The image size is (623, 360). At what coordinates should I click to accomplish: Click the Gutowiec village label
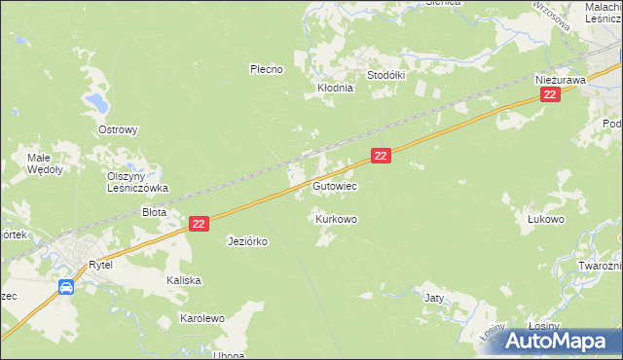click(335, 185)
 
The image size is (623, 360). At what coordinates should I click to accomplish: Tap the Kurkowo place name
click(336, 220)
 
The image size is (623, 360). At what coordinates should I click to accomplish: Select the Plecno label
click(266, 69)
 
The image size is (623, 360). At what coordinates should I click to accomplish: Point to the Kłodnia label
click(335, 88)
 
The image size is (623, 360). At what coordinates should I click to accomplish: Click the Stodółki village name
click(385, 75)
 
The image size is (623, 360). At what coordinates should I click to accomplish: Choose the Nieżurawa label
click(559, 79)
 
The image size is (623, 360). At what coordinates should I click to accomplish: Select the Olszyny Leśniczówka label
click(137, 182)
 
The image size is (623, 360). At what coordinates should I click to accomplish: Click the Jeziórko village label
click(247, 240)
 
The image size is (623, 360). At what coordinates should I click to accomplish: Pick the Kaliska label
click(183, 280)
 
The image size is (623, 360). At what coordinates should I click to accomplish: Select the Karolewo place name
click(202, 318)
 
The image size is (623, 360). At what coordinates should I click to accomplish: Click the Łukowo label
click(546, 220)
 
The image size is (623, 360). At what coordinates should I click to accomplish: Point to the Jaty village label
click(434, 298)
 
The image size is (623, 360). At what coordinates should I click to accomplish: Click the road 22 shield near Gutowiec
click(381, 156)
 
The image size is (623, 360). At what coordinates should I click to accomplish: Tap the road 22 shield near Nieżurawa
click(550, 94)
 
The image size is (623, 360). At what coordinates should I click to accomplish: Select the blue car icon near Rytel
click(65, 287)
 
